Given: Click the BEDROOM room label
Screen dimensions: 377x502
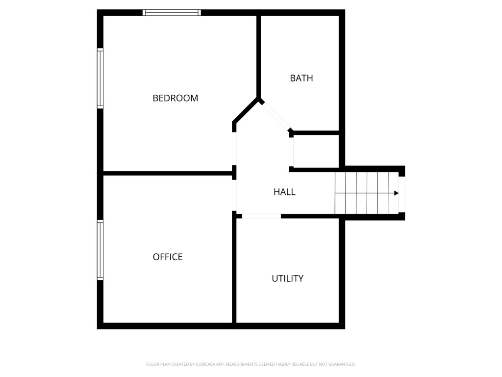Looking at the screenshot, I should tap(175, 98).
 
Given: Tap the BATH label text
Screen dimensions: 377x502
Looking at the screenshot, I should tap(301, 78).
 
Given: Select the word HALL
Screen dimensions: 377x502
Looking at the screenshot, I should tap(284, 192).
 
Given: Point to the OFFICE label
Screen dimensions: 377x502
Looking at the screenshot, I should tap(168, 257).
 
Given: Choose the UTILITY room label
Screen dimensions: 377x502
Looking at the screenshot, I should tap(287, 278).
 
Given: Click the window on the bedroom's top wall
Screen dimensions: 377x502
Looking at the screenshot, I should tap(172, 13).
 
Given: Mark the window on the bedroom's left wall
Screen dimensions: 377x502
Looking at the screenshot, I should tap(100, 78).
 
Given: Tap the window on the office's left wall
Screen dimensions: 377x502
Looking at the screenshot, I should tap(100, 250).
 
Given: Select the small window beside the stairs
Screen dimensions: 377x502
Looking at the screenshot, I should tap(402, 193).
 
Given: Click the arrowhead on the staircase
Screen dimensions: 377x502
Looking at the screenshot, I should tap(396, 193).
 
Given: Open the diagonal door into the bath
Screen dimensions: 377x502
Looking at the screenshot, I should tap(276, 116).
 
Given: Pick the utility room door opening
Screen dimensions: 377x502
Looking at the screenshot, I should tap(261, 216).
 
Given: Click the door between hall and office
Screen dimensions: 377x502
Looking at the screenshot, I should tap(234, 195).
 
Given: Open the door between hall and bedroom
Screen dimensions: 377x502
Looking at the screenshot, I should tap(234, 148).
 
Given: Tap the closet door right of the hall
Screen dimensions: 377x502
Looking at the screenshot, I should tap(291, 152).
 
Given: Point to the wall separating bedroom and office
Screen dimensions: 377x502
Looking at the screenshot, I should tap(167, 173).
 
